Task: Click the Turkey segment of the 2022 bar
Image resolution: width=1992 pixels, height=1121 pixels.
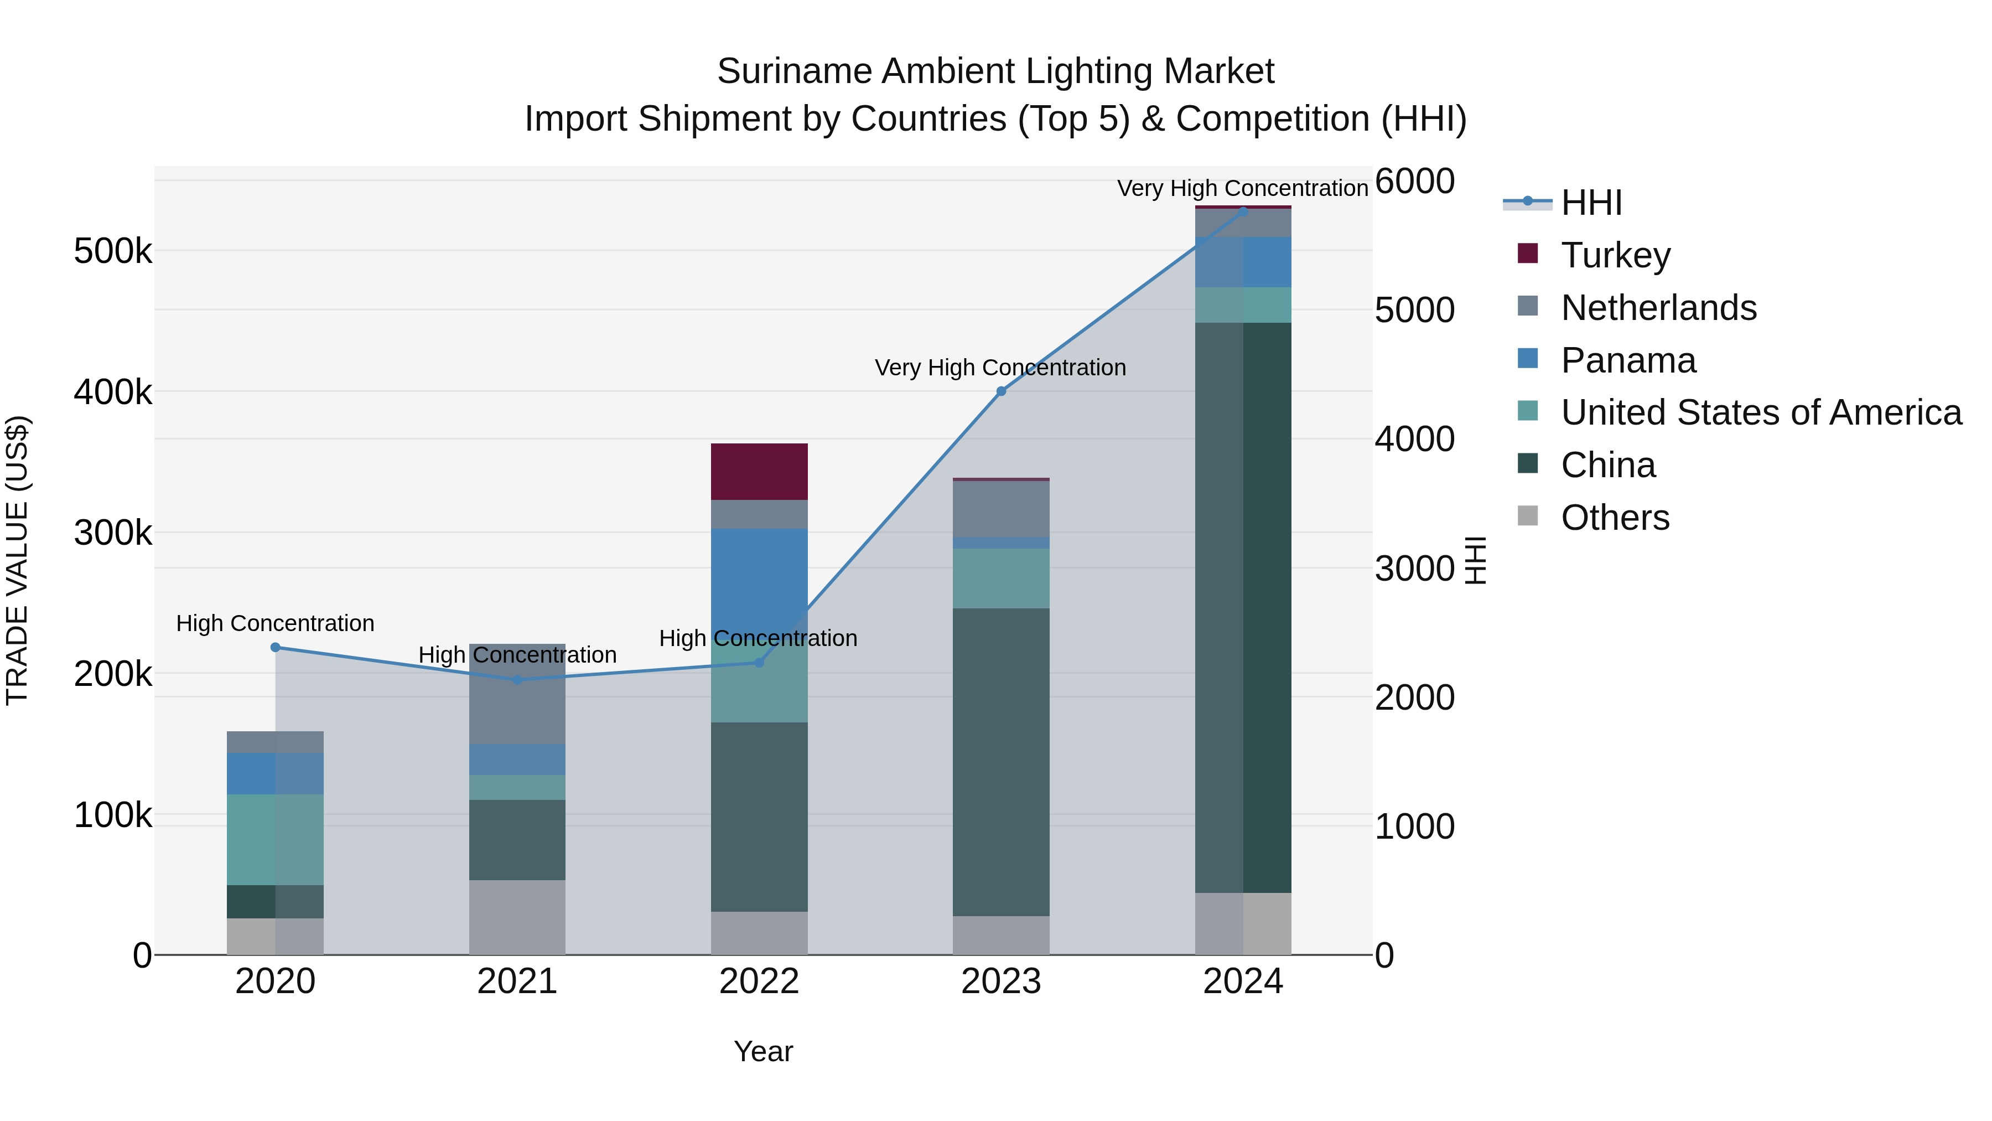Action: (x=759, y=471)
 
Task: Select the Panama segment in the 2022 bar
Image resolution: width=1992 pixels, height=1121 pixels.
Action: (x=759, y=572)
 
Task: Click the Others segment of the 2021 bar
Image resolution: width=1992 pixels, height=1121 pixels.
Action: (x=517, y=917)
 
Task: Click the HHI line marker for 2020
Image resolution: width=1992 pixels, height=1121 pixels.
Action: (x=276, y=648)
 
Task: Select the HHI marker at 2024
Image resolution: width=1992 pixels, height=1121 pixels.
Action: (x=1243, y=211)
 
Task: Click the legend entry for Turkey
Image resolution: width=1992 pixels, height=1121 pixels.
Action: (x=1615, y=255)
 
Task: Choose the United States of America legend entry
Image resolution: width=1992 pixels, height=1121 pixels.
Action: (x=1761, y=412)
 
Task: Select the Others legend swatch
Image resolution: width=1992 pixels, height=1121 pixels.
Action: (x=1527, y=516)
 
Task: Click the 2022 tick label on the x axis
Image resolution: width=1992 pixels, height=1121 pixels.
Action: (x=759, y=981)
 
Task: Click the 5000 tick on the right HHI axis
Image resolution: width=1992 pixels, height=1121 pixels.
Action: (x=1414, y=310)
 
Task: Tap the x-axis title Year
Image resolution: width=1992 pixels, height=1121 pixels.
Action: (x=762, y=1051)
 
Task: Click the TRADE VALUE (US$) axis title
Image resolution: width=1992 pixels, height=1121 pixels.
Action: (x=17, y=560)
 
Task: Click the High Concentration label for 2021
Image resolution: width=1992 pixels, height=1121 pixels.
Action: (x=517, y=654)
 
